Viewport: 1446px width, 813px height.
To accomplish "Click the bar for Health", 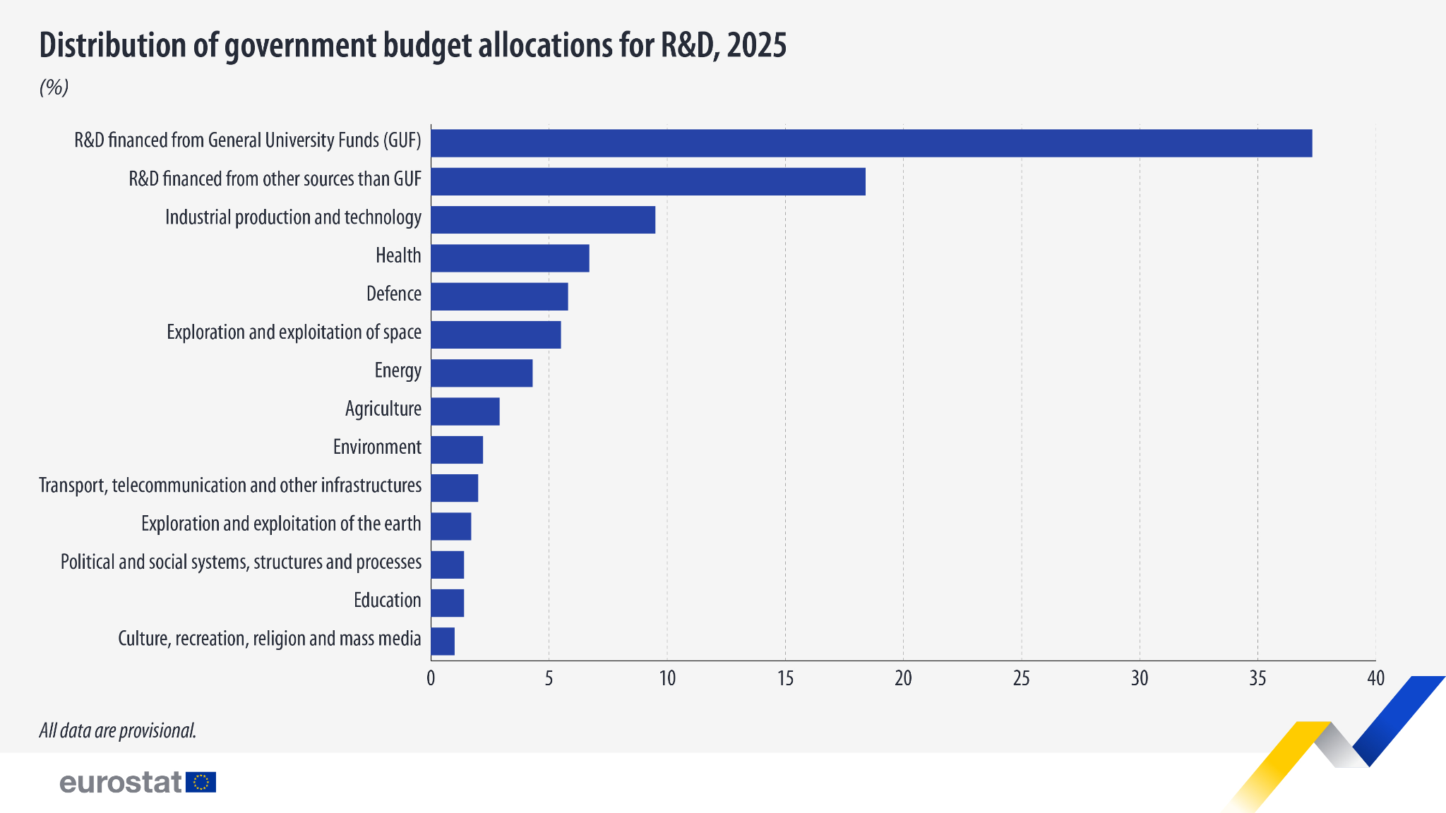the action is click(x=510, y=258).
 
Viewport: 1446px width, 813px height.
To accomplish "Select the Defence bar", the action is click(x=499, y=296).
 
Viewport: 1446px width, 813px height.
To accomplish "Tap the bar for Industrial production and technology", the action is click(x=543, y=219).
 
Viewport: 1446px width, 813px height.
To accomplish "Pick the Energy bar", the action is click(x=482, y=373).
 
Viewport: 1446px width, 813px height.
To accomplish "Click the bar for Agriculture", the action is click(x=465, y=411).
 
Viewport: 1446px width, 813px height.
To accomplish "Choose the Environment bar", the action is click(x=457, y=450).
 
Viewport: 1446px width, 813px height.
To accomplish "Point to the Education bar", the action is click(x=447, y=603).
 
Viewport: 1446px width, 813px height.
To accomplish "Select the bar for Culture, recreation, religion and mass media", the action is click(x=443, y=642).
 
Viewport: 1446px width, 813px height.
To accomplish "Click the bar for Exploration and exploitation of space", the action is click(x=496, y=335).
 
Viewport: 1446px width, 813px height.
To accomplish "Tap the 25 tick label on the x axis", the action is click(x=1022, y=679).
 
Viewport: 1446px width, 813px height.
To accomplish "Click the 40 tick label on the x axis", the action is click(x=1375, y=679).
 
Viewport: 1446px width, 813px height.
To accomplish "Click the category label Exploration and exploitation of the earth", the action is click(x=281, y=524).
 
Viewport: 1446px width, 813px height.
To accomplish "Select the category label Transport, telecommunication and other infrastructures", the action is click(x=230, y=486).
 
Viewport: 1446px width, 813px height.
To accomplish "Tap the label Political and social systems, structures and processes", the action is click(x=241, y=562).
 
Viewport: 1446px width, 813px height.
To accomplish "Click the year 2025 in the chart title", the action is click(x=756, y=46).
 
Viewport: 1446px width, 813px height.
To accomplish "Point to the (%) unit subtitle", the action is click(x=54, y=88).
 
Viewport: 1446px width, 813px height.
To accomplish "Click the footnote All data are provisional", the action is click(x=118, y=730).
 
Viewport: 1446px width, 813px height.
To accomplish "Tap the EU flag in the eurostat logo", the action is click(x=201, y=782).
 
